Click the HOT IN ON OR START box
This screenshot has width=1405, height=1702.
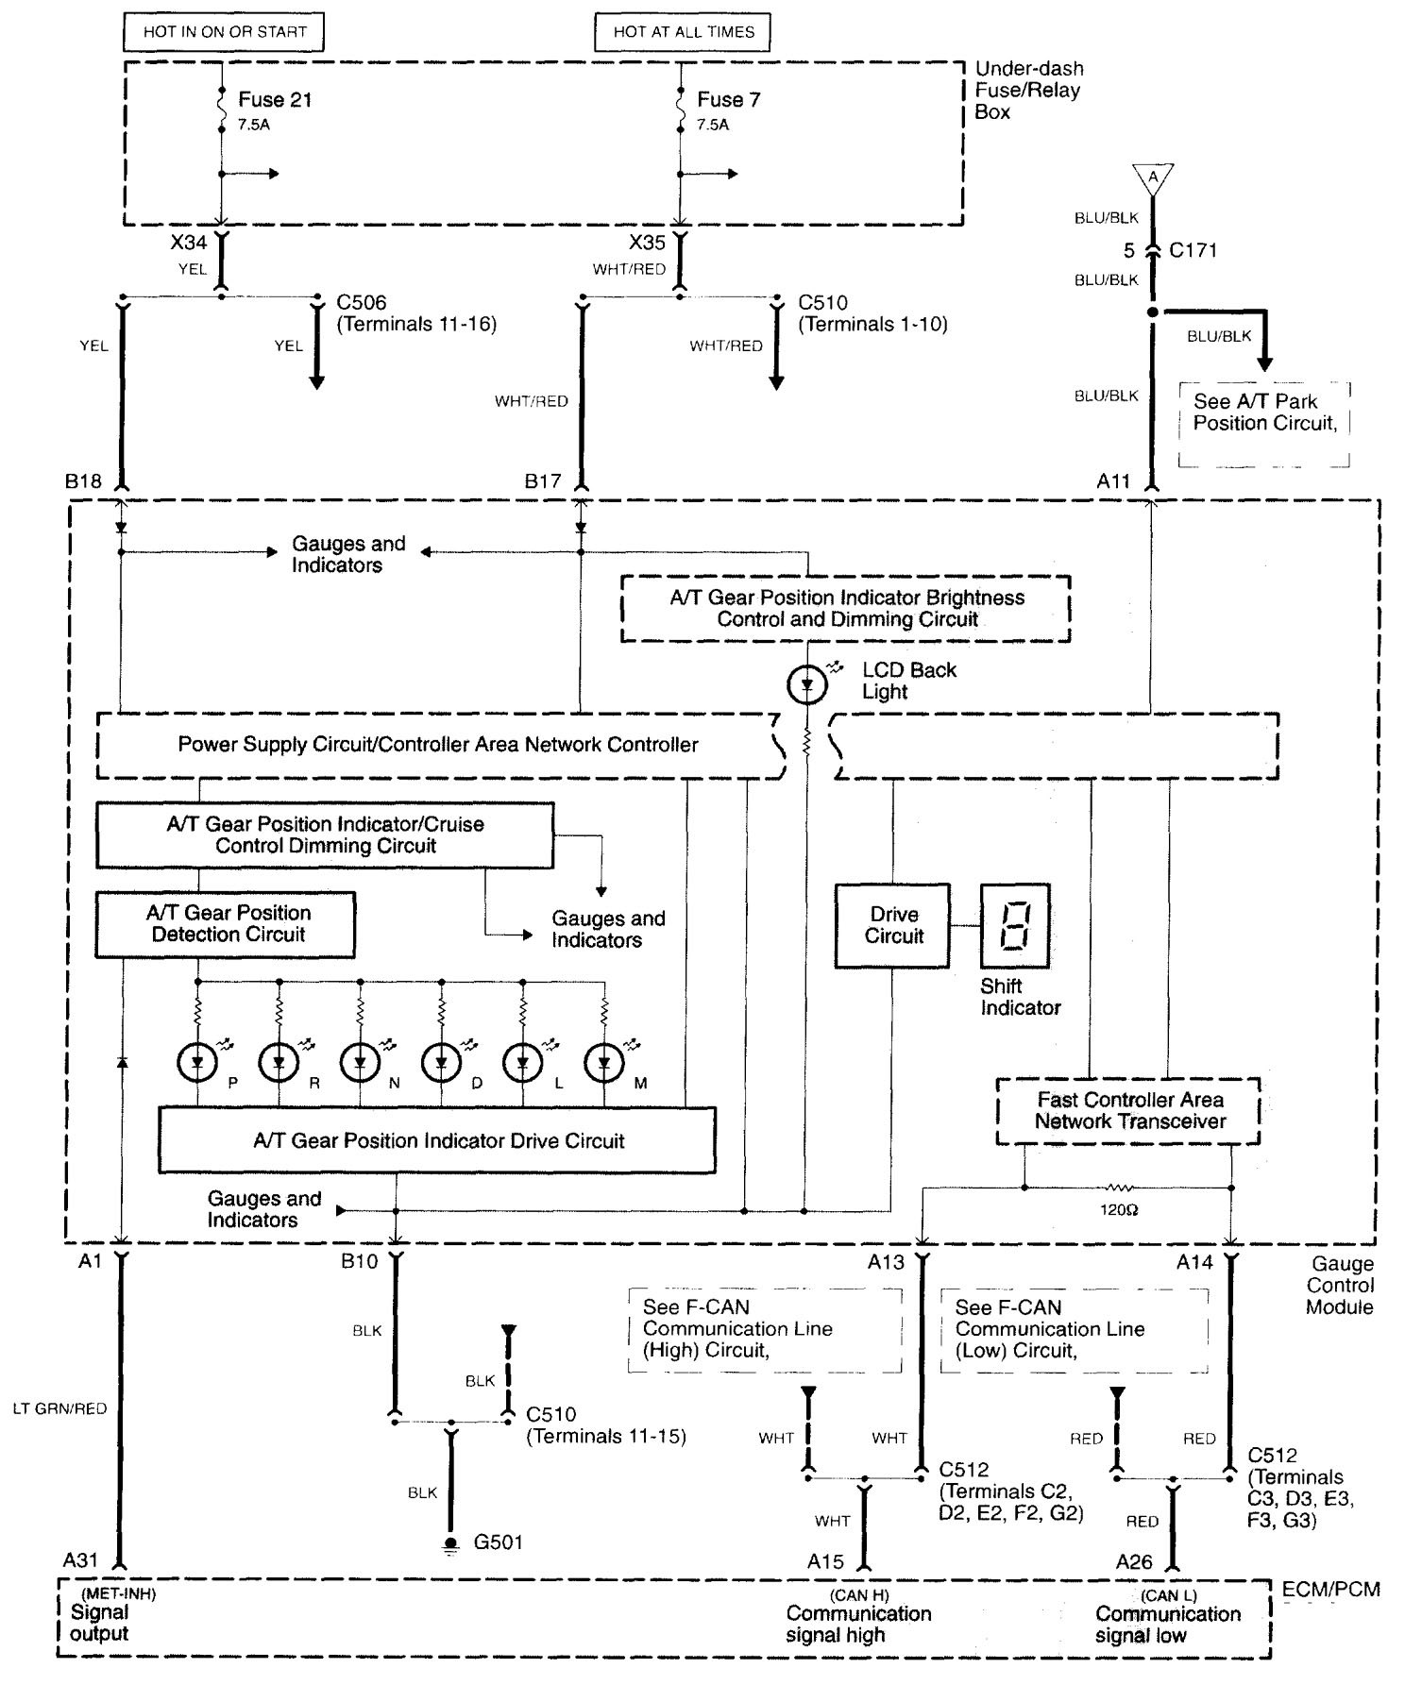[x=224, y=32]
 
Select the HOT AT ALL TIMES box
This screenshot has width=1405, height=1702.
[x=683, y=32]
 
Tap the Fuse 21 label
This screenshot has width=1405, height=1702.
[x=275, y=100]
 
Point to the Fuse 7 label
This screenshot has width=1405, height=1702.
[x=728, y=100]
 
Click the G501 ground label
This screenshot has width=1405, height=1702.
[x=498, y=1542]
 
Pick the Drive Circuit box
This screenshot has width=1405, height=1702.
[x=893, y=926]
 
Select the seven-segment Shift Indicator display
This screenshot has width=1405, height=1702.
[x=1015, y=925]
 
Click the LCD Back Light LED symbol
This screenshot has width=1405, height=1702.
[x=806, y=685]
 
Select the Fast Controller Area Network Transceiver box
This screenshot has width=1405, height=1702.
[x=1128, y=1111]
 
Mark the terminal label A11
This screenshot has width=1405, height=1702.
[x=1113, y=481]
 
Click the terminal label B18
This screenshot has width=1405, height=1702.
[x=83, y=481]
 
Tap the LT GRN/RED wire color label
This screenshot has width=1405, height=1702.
[x=59, y=1408]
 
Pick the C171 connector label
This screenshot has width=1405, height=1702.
[x=1193, y=251]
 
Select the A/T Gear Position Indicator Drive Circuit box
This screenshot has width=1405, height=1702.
[x=437, y=1140]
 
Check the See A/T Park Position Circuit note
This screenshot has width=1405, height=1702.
[x=1263, y=413]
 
